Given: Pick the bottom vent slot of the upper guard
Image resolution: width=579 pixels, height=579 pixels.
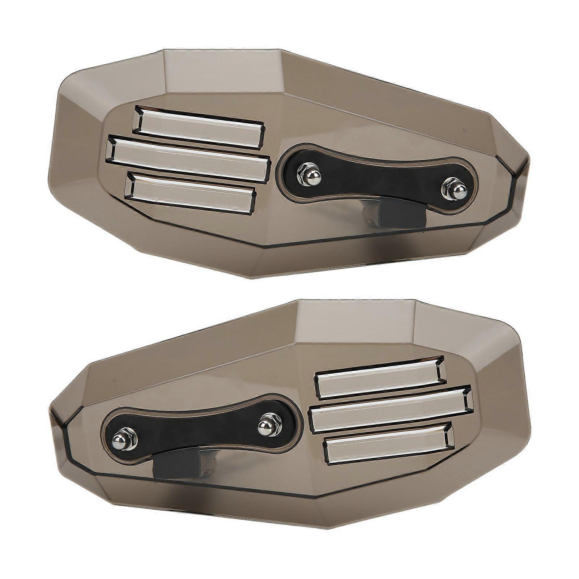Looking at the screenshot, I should pos(191,194).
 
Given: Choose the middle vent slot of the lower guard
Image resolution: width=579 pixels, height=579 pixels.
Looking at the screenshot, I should pos(391,409).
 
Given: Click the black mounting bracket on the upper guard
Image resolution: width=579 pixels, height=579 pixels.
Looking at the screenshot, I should pos(376,181).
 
